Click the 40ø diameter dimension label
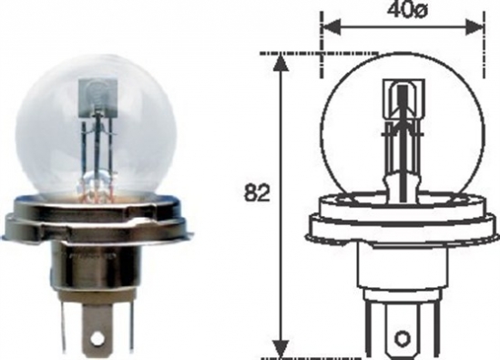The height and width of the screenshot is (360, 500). click(401, 13)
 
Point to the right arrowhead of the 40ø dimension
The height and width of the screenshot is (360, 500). click(476, 26)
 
